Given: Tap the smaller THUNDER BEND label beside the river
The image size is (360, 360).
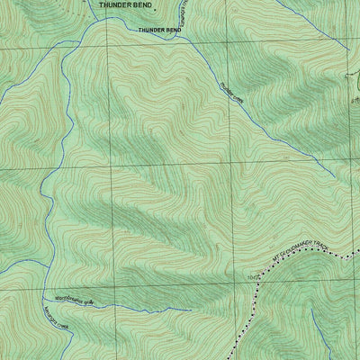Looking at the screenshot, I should (160, 30).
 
